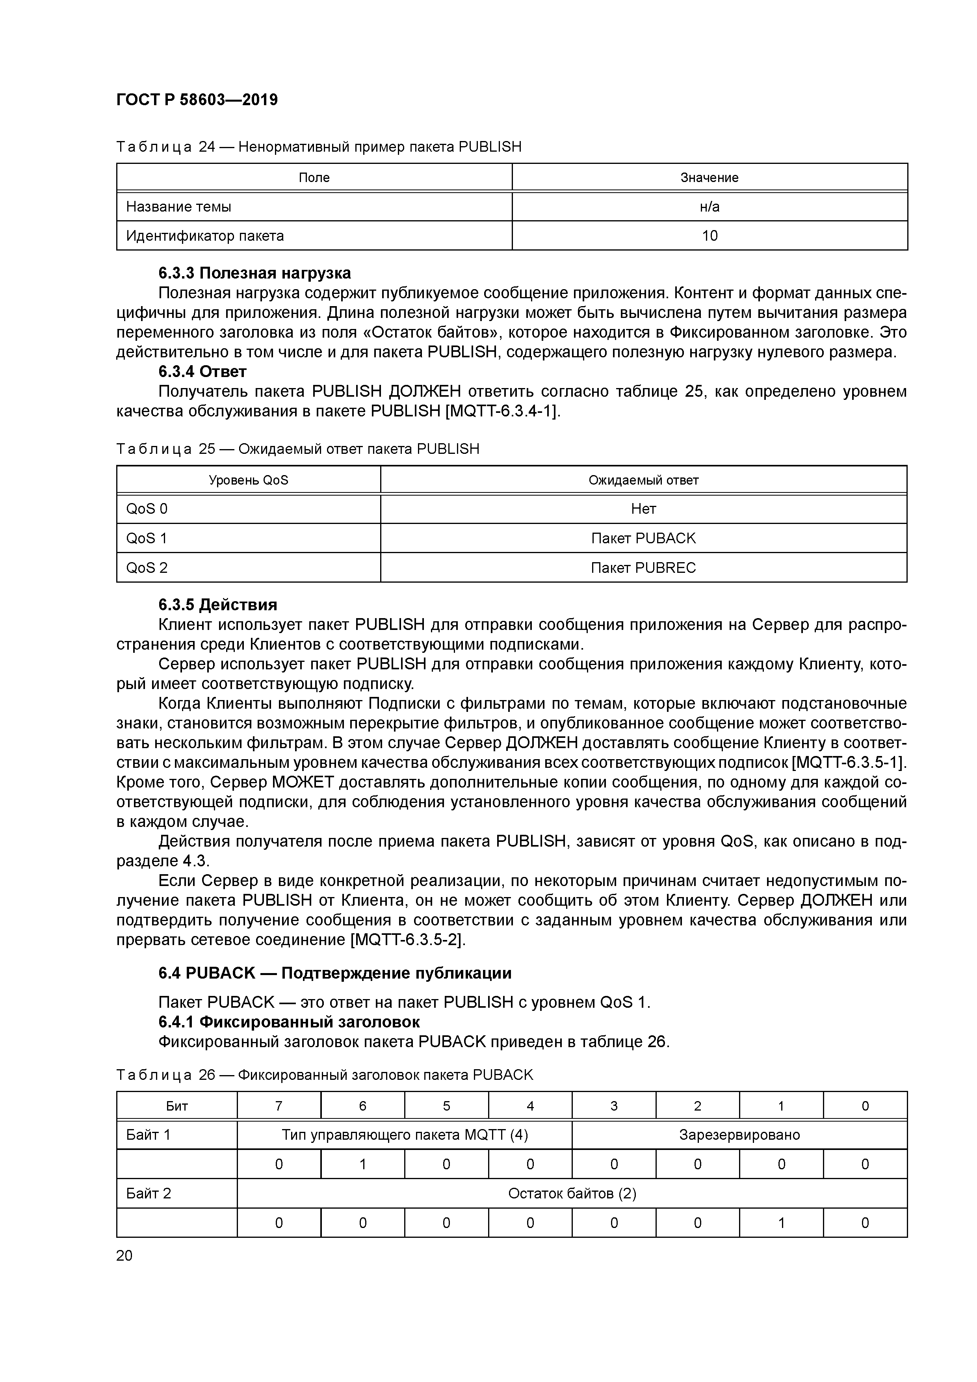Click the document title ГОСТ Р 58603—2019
197,99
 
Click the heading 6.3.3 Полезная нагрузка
254,273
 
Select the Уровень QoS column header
248,480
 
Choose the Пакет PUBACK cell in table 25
643,539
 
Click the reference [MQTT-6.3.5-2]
407,940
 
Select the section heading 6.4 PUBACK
335,973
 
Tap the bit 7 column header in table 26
279,1106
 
